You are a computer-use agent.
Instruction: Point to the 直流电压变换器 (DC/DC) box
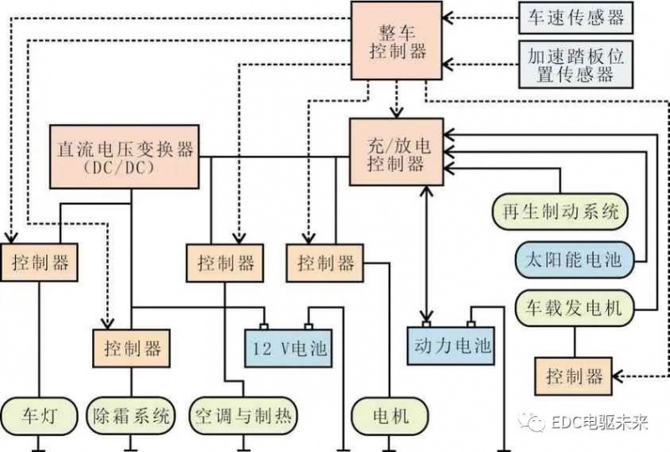[x=125, y=156]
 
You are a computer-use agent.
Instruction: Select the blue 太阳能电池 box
[x=569, y=260]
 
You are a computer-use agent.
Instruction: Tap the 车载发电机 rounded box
[x=569, y=308]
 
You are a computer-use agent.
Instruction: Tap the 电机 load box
[x=389, y=415]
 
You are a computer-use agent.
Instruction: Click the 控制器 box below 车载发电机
[x=574, y=376]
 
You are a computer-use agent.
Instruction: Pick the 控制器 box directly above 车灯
[x=40, y=262]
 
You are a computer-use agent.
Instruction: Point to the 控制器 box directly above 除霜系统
[x=131, y=345]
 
